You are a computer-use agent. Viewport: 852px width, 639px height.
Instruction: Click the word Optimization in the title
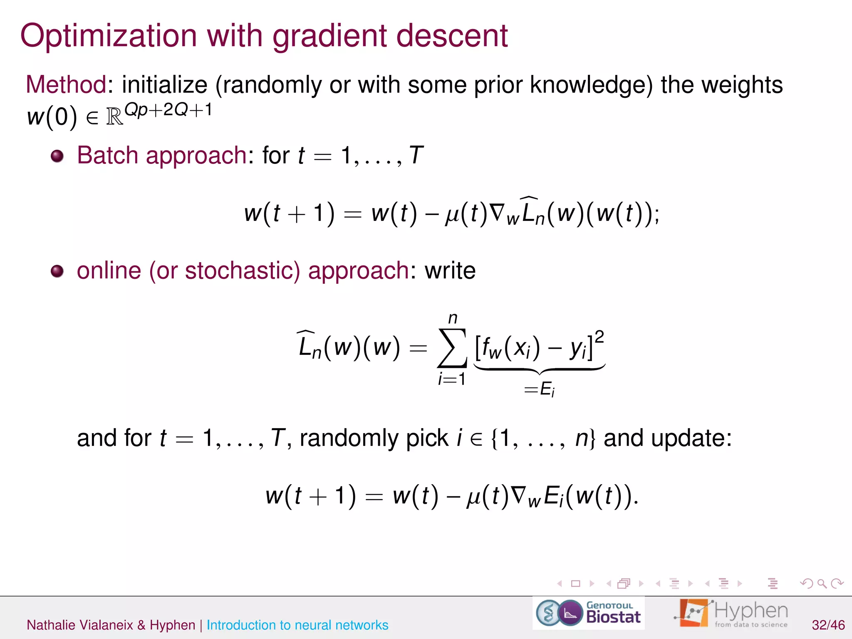pos(108,36)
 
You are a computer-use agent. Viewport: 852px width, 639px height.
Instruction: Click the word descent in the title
pos(452,36)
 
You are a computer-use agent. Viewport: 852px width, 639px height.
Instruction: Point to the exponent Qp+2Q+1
pos(168,110)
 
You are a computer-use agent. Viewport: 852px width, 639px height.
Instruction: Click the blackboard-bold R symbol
pos(115,117)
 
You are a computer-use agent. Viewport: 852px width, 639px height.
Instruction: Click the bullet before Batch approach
pos(57,156)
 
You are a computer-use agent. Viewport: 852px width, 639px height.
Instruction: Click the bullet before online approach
pos(57,271)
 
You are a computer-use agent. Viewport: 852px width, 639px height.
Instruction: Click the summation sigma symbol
pos(452,349)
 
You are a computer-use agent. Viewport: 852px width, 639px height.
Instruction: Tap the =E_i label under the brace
pos(540,390)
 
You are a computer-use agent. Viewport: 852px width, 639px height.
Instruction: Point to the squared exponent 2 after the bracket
pos(599,337)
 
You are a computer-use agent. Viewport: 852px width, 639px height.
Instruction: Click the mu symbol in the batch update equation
pos(452,215)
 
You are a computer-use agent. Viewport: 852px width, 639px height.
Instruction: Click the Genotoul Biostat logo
pos(588,613)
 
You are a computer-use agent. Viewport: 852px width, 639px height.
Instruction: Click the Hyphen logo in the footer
pos(731,613)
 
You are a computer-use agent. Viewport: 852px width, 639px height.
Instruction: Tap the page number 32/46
pos(828,625)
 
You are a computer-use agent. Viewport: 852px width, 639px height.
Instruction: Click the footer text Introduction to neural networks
pos(297,625)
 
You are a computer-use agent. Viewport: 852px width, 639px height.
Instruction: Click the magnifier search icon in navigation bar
pos(822,584)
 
